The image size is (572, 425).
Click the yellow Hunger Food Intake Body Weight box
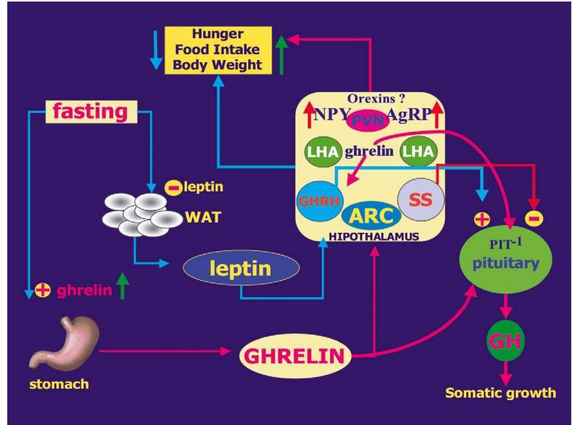(x=218, y=50)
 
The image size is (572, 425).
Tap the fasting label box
(x=91, y=112)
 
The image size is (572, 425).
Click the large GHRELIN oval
(x=295, y=356)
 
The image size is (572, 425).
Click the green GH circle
(x=505, y=341)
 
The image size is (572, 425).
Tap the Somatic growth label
(x=500, y=393)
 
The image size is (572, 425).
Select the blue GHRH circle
(x=318, y=201)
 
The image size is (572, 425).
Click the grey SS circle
(x=421, y=199)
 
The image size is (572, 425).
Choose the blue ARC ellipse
(x=371, y=216)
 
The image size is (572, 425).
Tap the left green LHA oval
(x=323, y=152)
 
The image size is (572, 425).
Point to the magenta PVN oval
(x=367, y=121)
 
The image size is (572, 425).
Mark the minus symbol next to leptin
(x=173, y=188)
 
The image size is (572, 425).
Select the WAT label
(x=203, y=217)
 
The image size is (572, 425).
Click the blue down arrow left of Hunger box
(x=155, y=50)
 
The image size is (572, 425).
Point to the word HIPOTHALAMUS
(x=373, y=236)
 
